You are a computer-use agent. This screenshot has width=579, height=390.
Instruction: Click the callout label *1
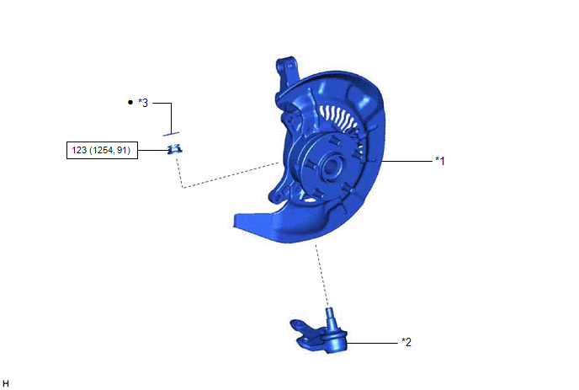pos(440,161)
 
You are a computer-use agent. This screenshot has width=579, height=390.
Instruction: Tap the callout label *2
pos(406,342)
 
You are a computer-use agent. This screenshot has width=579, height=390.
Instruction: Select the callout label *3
pos(143,103)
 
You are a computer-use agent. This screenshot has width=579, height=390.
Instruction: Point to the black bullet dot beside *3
pos(130,102)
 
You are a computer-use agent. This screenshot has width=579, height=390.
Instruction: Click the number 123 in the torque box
pos(79,150)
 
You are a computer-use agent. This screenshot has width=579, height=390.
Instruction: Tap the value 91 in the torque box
pos(122,150)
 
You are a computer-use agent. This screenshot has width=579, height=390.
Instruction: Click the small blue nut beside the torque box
pos(174,149)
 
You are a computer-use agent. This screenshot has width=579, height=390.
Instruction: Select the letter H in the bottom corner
pos(6,383)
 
